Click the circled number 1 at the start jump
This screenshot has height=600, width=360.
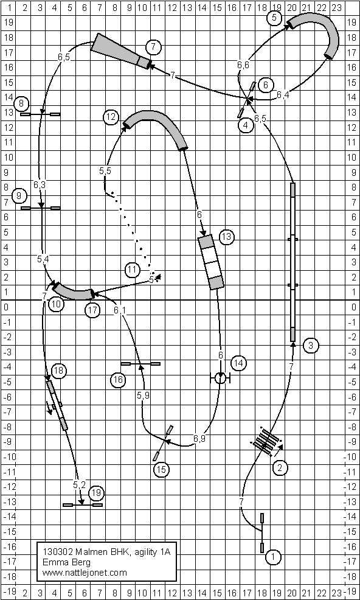click(273, 557)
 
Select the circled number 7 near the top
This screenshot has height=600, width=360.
click(153, 47)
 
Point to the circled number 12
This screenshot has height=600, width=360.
click(111, 117)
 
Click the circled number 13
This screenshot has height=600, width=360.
click(226, 237)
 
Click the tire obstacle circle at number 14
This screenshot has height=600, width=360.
click(220, 378)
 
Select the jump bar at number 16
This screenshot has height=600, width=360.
click(140, 363)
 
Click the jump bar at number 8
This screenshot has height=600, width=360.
click(40, 114)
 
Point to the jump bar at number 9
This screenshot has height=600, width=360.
click(41, 208)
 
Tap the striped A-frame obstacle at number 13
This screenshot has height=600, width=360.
click(211, 262)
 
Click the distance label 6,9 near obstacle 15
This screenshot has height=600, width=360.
click(199, 439)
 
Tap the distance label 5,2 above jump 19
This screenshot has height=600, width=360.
click(79, 485)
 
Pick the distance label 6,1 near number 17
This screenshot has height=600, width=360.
click(120, 310)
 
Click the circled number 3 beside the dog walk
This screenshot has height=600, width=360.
click(311, 346)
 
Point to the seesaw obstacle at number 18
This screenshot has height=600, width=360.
click(57, 405)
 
